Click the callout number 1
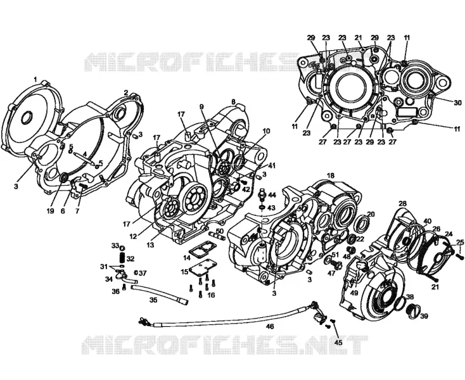point(35,80)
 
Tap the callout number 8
point(234,102)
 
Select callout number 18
point(330,175)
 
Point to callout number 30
point(458,103)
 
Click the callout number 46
point(270,327)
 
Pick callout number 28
point(402,204)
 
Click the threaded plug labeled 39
point(412,309)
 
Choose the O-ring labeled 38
point(402,301)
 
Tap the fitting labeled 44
point(263,194)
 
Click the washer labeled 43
point(263,207)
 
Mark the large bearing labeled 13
point(195,199)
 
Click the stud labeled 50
point(215,235)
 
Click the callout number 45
point(338,343)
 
